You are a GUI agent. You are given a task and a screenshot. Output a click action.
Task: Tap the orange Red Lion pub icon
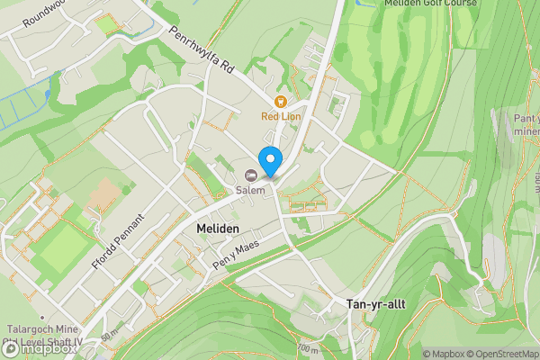(281, 102)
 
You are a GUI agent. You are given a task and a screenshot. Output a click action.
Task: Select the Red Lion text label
(281, 116)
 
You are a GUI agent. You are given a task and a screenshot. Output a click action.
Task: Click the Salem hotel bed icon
(251, 175)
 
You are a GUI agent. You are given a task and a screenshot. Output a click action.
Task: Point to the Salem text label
(251, 190)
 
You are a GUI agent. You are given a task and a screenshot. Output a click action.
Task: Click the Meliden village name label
(217, 230)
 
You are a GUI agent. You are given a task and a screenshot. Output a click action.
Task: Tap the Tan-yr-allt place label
(375, 304)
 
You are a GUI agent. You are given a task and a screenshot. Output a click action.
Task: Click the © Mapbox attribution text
(443, 354)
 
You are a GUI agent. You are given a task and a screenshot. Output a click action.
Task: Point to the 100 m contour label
(309, 348)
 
